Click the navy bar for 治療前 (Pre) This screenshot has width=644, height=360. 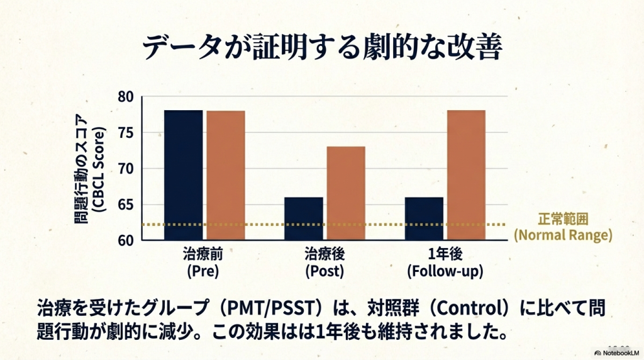pyautogui.click(x=183, y=175)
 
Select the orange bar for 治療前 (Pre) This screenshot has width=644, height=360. pyautogui.click(x=225, y=175)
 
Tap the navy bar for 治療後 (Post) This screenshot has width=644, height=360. pyautogui.click(x=304, y=218)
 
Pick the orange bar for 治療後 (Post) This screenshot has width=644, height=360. pyautogui.click(x=345, y=193)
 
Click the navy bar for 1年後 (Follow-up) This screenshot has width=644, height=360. pyautogui.click(x=425, y=218)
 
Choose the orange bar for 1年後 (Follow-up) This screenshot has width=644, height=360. pyautogui.click(x=466, y=175)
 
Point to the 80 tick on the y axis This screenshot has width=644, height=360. pyautogui.click(x=126, y=97)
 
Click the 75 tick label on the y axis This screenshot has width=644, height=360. pyautogui.click(x=126, y=133)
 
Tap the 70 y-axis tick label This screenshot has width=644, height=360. pyautogui.click(x=126, y=169)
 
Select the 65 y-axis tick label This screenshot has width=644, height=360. pyautogui.click(x=126, y=205)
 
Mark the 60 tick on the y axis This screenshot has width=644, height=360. pyautogui.click(x=126, y=240)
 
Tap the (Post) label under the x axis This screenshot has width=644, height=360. pyautogui.click(x=325, y=272)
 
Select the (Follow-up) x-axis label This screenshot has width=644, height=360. pyautogui.click(x=445, y=272)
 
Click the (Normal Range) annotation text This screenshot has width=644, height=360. pyautogui.click(x=563, y=236)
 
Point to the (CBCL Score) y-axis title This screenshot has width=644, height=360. pyautogui.click(x=101, y=168)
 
